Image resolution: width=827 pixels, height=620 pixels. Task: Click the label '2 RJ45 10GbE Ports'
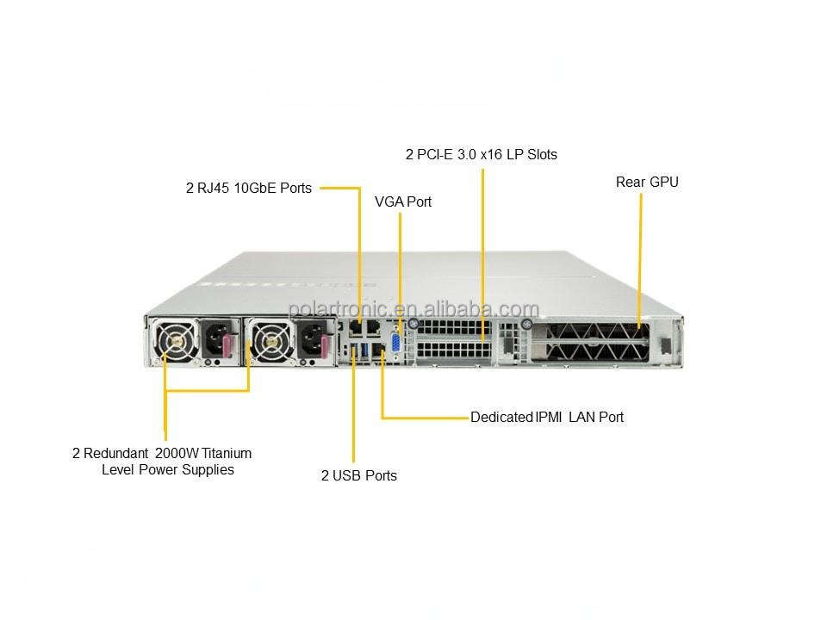click(x=249, y=187)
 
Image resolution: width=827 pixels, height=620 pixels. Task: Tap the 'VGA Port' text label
click(x=403, y=201)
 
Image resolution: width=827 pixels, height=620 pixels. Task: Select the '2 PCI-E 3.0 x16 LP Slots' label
click(x=482, y=155)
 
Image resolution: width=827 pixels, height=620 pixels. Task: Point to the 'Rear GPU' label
click(x=647, y=182)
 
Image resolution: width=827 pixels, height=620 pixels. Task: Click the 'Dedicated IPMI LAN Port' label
click(x=547, y=417)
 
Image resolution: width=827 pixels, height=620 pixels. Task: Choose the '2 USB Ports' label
click(x=359, y=475)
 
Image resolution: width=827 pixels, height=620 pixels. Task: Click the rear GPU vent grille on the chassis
click(x=590, y=340)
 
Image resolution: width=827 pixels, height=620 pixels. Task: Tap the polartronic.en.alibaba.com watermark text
click(x=413, y=309)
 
